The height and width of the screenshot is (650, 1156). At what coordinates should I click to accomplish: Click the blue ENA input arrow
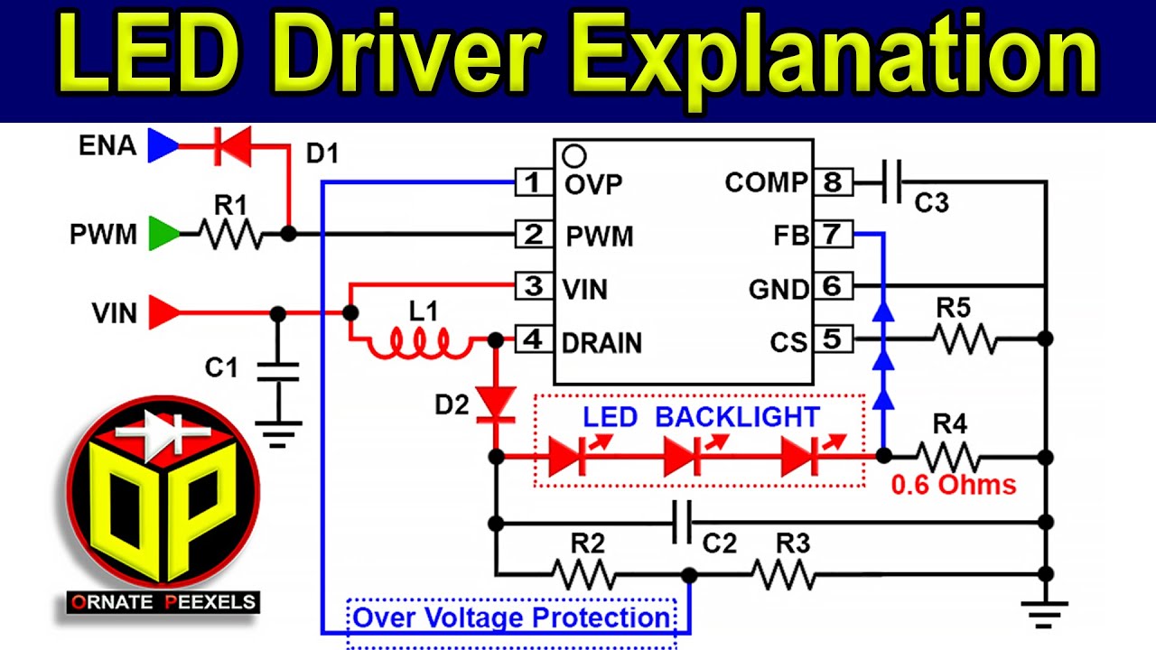pyautogui.click(x=163, y=145)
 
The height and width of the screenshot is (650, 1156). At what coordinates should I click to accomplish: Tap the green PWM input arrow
pyautogui.click(x=163, y=235)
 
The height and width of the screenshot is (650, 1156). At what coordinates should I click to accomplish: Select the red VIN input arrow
pyautogui.click(x=163, y=313)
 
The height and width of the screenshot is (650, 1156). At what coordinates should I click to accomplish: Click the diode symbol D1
pyautogui.click(x=231, y=146)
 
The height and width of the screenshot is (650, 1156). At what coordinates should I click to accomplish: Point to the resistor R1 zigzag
pyautogui.click(x=230, y=235)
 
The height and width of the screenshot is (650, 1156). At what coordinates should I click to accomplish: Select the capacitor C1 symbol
pyautogui.click(x=278, y=372)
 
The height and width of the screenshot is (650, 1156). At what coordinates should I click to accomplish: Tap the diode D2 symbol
pyautogui.click(x=495, y=403)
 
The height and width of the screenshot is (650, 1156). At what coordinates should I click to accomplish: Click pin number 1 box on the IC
pyautogui.click(x=533, y=182)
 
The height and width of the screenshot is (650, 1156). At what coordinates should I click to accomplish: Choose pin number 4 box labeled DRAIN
pyautogui.click(x=533, y=341)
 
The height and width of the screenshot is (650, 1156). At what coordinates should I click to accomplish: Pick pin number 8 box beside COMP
pyautogui.click(x=832, y=182)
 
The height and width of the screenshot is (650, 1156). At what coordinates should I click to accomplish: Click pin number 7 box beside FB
pyautogui.click(x=832, y=235)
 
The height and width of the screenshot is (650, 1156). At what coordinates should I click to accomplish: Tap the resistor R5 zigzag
pyautogui.click(x=964, y=339)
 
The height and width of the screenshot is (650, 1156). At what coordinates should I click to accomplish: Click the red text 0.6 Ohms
pyautogui.click(x=954, y=485)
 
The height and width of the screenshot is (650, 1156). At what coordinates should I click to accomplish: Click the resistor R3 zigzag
pyautogui.click(x=783, y=574)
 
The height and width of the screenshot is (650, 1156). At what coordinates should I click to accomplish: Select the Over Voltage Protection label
pyautogui.click(x=511, y=618)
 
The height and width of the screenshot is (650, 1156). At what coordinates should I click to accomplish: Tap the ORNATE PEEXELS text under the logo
pyautogui.click(x=163, y=602)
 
